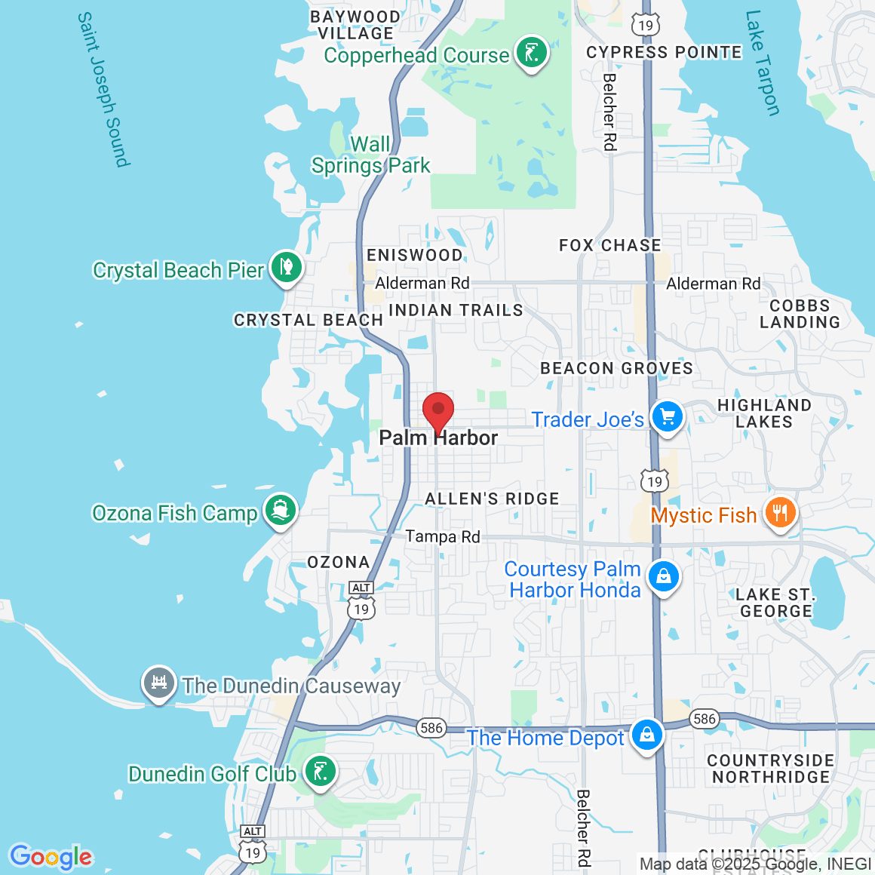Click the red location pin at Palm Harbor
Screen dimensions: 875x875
pyautogui.click(x=437, y=412)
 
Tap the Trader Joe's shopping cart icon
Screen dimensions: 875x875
pyautogui.click(x=667, y=417)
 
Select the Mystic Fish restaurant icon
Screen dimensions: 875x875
pyautogui.click(x=780, y=513)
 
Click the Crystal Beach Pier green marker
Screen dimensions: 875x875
pyautogui.click(x=286, y=268)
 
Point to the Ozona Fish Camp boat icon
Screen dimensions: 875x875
pyautogui.click(x=280, y=511)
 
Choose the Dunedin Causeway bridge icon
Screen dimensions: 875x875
pyautogui.click(x=158, y=683)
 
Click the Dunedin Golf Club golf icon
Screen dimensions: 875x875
pyautogui.click(x=320, y=772)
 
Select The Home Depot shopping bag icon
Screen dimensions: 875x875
pyautogui.click(x=646, y=735)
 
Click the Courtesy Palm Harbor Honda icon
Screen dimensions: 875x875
pyautogui.click(x=663, y=578)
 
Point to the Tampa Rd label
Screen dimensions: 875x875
pyautogui.click(x=443, y=536)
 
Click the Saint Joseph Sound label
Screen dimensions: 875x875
pyautogui.click(x=104, y=89)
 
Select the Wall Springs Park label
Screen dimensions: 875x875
pyautogui.click(x=370, y=155)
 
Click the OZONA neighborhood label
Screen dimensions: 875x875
pyautogui.click(x=339, y=562)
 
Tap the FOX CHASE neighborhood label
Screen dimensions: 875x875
pyautogui.click(x=609, y=245)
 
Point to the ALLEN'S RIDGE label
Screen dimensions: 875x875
pyautogui.click(x=492, y=499)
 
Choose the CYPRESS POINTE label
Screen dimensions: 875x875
pyautogui.click(x=664, y=52)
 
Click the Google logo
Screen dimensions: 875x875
pyautogui.click(x=51, y=857)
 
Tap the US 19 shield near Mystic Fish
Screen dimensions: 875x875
pyautogui.click(x=654, y=480)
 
